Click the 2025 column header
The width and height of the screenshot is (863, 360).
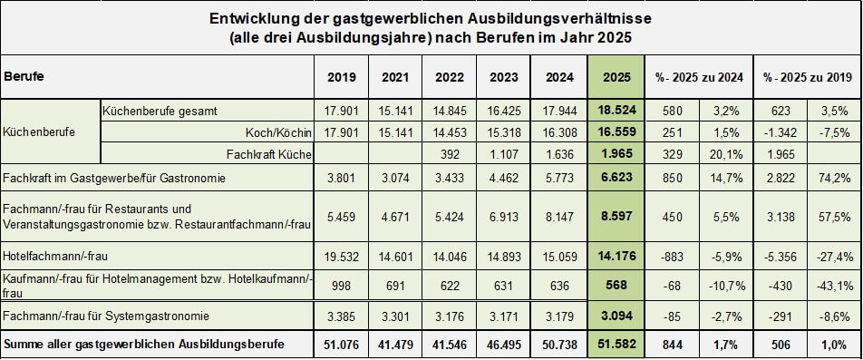coord(616,77)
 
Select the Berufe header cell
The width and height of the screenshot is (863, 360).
coord(24,77)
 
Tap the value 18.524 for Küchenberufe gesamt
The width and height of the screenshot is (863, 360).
coord(616,110)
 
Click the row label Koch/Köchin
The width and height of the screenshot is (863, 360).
coord(279,132)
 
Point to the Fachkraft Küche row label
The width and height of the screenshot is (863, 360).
coord(270,155)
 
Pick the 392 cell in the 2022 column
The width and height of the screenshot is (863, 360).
coord(450,155)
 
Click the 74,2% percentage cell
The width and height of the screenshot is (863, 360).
coord(834,177)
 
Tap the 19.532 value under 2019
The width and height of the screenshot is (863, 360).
coord(341,256)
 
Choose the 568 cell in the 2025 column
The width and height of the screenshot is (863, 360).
coord(616,286)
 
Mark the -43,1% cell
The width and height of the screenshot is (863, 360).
coord(834,286)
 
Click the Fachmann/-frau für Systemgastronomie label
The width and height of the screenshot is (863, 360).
coord(106,316)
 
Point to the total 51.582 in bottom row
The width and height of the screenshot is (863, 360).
coord(616,345)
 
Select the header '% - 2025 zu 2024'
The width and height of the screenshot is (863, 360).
coord(699,78)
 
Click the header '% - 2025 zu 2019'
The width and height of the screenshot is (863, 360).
coord(807,78)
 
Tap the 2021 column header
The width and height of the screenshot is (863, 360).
coord(395,77)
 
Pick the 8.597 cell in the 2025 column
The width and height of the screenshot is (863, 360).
coord(616,217)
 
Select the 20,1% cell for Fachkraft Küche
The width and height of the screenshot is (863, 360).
coord(726,155)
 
